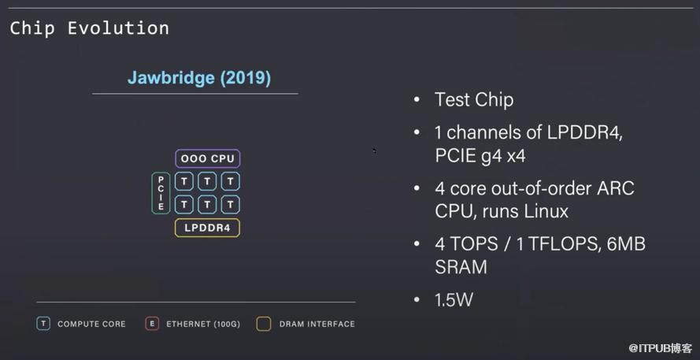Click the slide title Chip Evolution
pyautogui.click(x=89, y=28)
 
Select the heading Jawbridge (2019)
pyautogui.click(x=198, y=78)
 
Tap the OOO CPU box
pyautogui.click(x=207, y=158)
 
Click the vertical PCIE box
pyautogui.click(x=161, y=193)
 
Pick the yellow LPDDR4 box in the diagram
pyautogui.click(x=207, y=228)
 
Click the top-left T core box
pyautogui.click(x=184, y=182)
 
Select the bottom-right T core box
pyautogui.click(x=229, y=205)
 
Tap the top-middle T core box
pyautogui.click(x=207, y=182)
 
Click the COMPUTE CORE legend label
pyautogui.click(x=91, y=324)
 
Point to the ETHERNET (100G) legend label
pyautogui.click(x=203, y=324)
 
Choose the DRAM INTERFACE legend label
pyautogui.click(x=317, y=324)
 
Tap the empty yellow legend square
pyautogui.click(x=264, y=324)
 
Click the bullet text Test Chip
pyautogui.click(x=474, y=100)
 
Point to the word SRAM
pyautogui.click(x=461, y=267)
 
